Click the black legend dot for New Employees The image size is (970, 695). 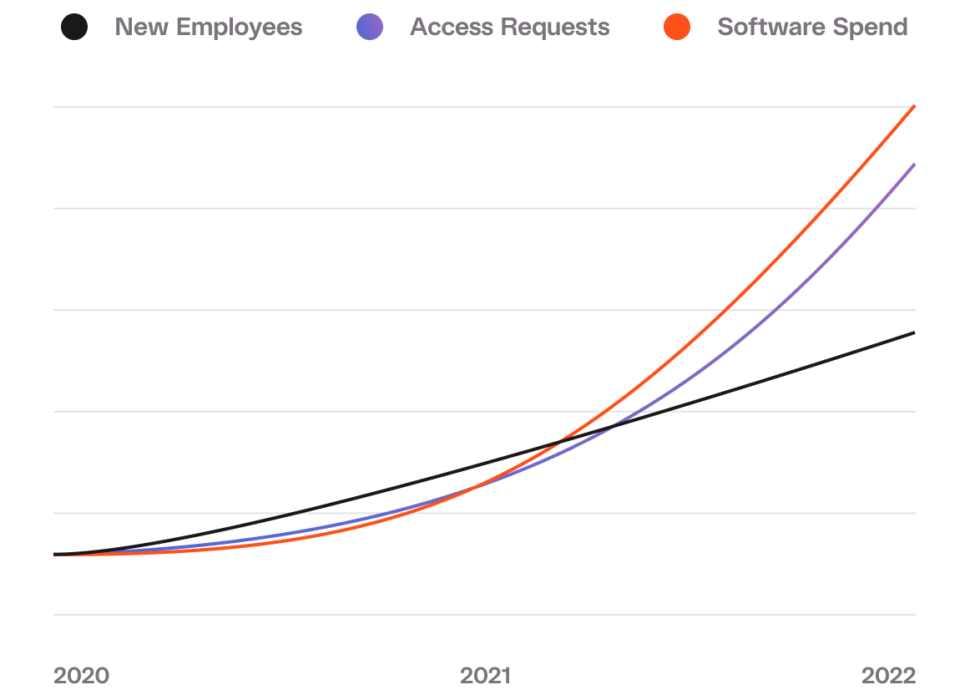(74, 27)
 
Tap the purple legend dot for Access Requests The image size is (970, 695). (369, 27)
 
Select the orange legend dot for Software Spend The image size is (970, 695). (677, 27)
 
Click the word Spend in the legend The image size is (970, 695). (871, 27)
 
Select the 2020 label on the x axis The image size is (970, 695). (81, 675)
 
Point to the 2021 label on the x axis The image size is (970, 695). (485, 675)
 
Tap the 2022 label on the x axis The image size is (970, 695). (888, 675)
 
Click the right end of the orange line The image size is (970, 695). (915, 106)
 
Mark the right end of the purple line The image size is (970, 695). (915, 165)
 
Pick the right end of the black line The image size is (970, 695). (915, 332)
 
